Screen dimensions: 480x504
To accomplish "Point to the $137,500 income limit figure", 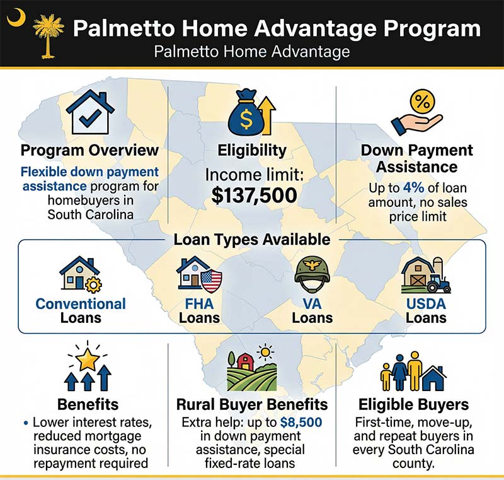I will [x=255, y=195].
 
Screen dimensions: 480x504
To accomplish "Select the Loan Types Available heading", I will [x=252, y=240].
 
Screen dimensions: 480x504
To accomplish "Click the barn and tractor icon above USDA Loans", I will [x=425, y=275].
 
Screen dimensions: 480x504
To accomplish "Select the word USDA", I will [x=426, y=304].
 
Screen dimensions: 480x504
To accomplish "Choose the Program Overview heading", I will [x=89, y=151].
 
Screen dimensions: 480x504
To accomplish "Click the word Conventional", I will [x=81, y=304].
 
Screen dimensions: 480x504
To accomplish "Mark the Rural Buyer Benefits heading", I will [x=252, y=404].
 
